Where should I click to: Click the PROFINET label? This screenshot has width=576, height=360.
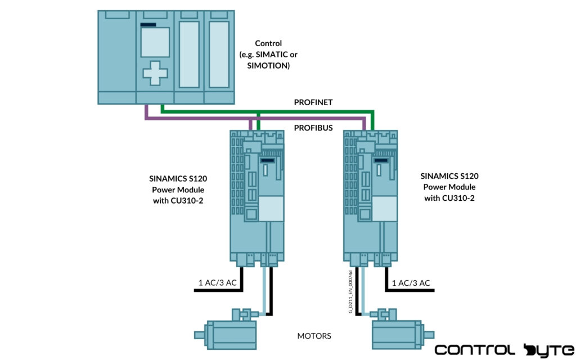(x=313, y=102)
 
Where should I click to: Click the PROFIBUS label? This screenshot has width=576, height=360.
(x=313, y=128)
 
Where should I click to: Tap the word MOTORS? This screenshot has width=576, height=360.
(x=314, y=336)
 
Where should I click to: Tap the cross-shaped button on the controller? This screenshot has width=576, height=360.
(x=155, y=73)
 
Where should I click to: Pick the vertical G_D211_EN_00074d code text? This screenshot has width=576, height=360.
(x=350, y=291)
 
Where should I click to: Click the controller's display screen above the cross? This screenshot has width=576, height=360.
(x=155, y=42)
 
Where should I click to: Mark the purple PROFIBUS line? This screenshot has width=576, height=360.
(x=197, y=119)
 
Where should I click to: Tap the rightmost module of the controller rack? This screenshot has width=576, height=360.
(x=219, y=56)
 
